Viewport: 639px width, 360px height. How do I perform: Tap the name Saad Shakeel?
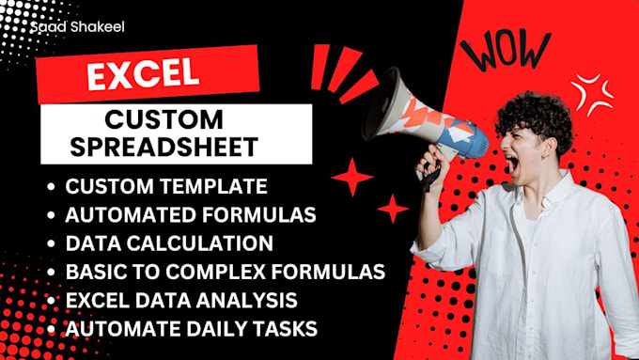pyautogui.click(x=77, y=27)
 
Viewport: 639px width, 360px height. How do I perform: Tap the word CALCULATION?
pyautogui.click(x=198, y=243)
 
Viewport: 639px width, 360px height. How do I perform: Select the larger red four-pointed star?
pyautogui.click(x=352, y=176)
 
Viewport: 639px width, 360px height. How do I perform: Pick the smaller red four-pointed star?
pyautogui.click(x=392, y=208)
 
